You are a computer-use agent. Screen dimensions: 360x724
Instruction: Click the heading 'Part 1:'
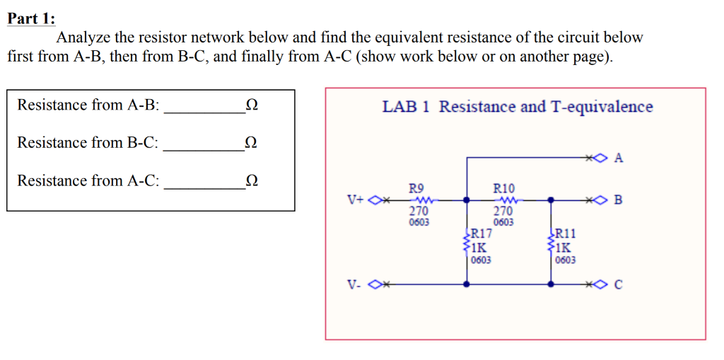tap(31, 18)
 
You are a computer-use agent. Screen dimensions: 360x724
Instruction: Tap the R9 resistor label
tap(416, 188)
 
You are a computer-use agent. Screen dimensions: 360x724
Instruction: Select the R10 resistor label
tap(503, 188)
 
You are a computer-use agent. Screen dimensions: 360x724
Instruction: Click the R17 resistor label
tap(481, 234)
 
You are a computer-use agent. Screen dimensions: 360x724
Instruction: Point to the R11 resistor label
tap(566, 234)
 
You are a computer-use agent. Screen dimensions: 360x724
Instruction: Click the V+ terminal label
tap(356, 200)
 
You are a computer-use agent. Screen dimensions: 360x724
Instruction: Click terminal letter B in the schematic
tap(619, 200)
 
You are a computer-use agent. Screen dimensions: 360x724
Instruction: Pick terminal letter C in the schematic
tap(619, 285)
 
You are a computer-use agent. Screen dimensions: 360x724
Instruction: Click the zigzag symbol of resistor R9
tap(419, 200)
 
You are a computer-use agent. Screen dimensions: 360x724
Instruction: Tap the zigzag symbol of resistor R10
tap(503, 200)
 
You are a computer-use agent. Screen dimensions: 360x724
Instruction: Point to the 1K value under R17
tap(479, 248)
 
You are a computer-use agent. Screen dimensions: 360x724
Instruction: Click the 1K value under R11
tap(564, 248)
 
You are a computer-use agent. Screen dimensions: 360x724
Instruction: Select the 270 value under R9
tap(419, 211)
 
